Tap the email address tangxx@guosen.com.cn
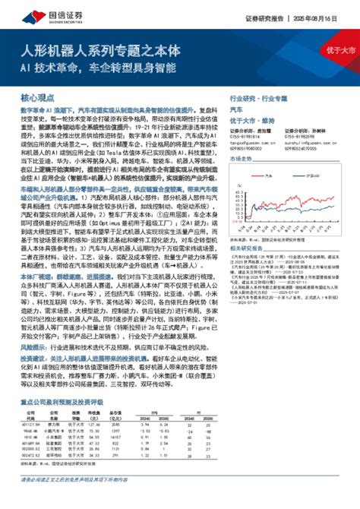251,141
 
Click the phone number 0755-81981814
248,137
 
